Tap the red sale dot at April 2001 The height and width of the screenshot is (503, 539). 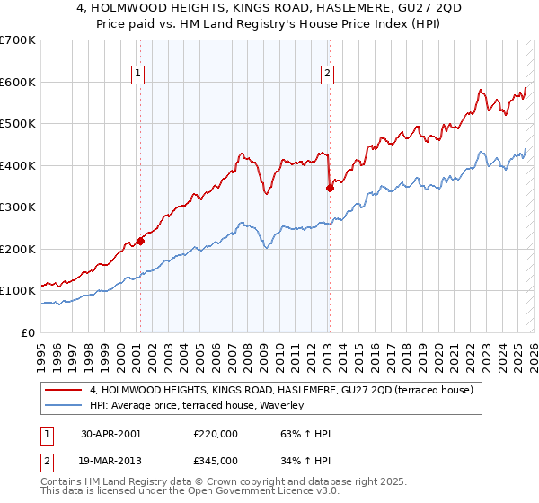[x=140, y=241]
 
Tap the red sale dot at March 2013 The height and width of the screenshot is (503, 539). [x=330, y=188]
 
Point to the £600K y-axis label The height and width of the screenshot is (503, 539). [x=18, y=82]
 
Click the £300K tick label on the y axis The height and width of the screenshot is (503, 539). [x=18, y=207]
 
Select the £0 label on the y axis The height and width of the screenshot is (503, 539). [x=28, y=332]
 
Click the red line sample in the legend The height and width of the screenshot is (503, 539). [x=65, y=391]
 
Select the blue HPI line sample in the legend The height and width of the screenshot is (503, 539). [x=65, y=405]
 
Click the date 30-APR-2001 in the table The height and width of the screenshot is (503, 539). [x=110, y=433]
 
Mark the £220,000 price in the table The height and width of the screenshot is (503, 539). [x=215, y=433]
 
